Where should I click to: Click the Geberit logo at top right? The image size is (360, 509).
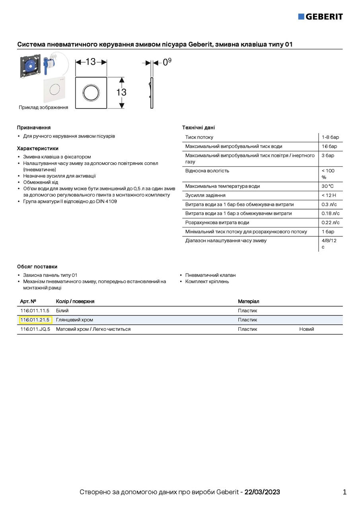[320, 16]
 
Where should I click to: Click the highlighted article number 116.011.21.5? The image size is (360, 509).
[35, 320]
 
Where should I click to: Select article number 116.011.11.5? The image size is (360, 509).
[35, 311]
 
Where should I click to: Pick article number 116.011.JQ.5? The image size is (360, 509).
[35, 329]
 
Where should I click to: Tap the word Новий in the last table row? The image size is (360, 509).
[307, 329]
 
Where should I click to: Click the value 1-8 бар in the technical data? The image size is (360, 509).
[330, 137]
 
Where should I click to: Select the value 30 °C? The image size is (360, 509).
[328, 186]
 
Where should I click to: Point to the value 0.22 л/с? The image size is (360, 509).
[331, 223]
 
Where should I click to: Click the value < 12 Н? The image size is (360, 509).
[329, 195]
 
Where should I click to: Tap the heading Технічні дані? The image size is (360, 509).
[198, 128]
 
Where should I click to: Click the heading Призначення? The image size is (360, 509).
[34, 128]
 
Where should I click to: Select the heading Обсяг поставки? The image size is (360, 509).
[37, 266]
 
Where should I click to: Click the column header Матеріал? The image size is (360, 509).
[249, 301]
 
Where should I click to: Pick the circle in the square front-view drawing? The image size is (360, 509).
[91, 92]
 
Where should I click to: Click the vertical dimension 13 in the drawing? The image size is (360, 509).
[121, 92]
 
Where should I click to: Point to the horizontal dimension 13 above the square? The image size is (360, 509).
[91, 62]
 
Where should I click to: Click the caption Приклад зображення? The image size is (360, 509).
[43, 107]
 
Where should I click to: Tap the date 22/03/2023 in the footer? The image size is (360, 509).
[262, 492]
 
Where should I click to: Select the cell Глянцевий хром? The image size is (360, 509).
[74, 320]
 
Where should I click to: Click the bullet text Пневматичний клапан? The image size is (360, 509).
[210, 275]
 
